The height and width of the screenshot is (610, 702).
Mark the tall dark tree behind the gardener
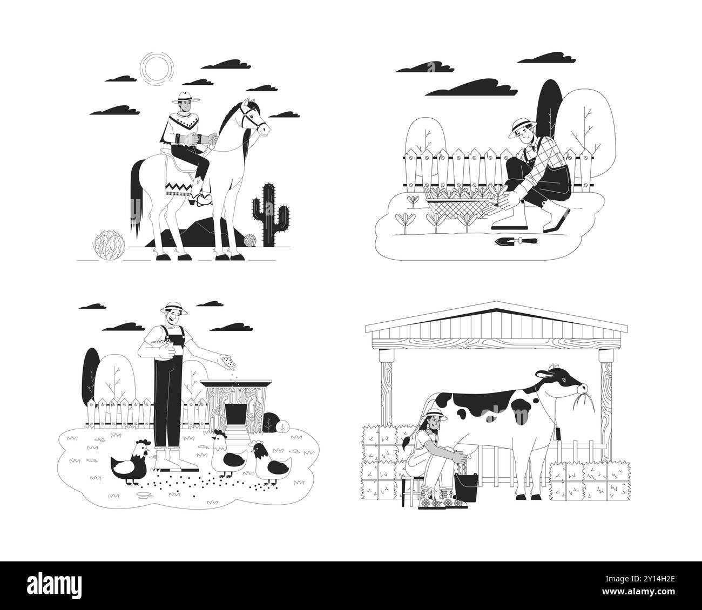(x=549, y=108)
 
